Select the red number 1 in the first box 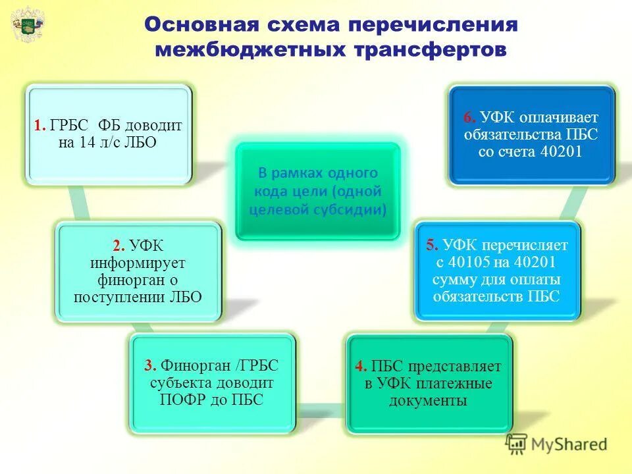(38, 125)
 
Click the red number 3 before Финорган (149, 366)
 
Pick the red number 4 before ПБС (360, 367)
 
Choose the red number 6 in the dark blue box (469, 118)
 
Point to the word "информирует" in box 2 (138, 263)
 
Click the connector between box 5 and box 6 (574, 204)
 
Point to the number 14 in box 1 (88, 142)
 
